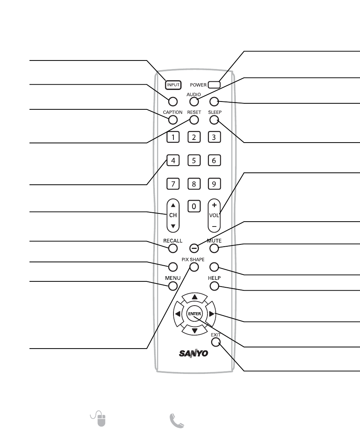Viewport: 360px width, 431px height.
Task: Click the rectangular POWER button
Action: coord(214,85)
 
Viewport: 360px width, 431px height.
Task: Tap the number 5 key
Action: coord(194,161)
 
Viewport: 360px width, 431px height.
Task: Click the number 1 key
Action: coord(173,137)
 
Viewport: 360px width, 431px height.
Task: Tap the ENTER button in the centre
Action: coord(194,314)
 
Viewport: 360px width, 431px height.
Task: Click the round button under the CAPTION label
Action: coord(173,120)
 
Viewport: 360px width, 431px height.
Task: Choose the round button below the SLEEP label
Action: coord(214,120)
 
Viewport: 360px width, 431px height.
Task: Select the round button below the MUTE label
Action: coord(214,248)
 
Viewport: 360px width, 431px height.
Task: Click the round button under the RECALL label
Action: coord(173,248)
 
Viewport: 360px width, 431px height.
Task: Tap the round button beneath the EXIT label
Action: coord(215,342)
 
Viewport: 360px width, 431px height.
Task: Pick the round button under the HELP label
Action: coord(214,286)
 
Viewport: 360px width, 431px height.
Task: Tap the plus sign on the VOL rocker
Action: coord(214,204)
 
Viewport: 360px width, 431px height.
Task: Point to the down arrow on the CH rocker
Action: coord(173,226)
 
